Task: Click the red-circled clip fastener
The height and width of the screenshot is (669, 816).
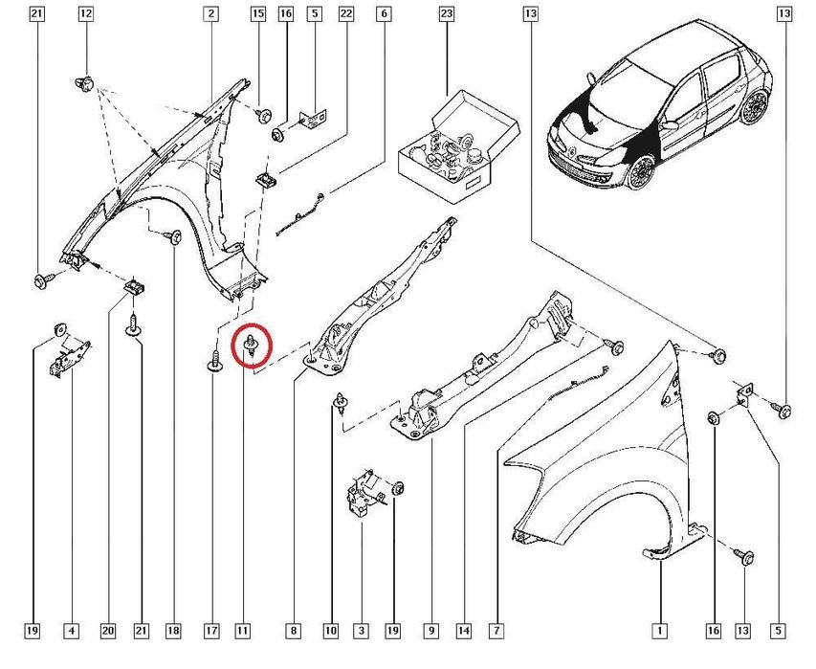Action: [252, 346]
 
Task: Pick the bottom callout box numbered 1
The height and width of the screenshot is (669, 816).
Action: [659, 631]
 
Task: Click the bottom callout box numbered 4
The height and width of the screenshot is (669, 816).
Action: [71, 631]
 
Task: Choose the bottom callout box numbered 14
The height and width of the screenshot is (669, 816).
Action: [464, 631]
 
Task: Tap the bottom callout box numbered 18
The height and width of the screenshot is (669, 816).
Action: [173, 631]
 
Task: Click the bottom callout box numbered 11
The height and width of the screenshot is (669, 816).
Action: [242, 631]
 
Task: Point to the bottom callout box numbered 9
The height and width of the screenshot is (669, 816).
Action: [431, 631]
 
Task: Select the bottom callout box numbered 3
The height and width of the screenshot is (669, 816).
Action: [361, 631]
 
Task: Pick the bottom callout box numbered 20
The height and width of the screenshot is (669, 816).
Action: [107, 631]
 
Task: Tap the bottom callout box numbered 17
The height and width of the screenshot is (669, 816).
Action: [211, 631]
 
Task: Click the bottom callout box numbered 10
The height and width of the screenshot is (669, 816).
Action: [331, 631]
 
